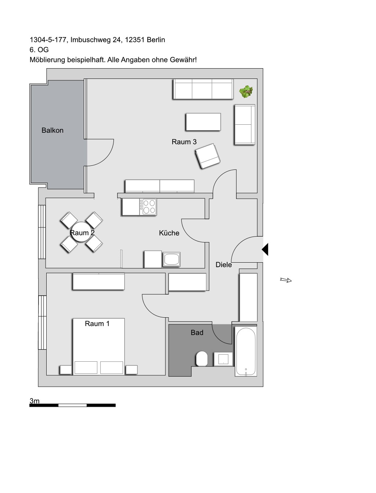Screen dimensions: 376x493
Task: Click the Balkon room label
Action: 53,130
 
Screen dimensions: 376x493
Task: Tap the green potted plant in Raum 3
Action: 246,91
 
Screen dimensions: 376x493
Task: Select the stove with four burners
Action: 148,207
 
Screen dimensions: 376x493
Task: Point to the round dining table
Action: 82,232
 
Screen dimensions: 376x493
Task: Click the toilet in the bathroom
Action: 202,358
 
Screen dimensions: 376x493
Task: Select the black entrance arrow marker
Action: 265,249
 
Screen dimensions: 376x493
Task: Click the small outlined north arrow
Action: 286,280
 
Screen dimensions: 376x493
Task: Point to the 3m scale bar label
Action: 35,401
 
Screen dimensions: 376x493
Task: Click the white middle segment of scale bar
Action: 72,405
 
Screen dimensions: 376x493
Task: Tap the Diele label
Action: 224,264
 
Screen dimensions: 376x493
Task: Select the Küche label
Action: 169,233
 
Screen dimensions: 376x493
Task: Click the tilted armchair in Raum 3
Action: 208,156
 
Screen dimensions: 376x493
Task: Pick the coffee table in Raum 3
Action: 203,122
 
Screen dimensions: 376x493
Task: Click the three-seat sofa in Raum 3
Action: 203,89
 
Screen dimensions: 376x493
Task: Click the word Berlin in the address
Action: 156,40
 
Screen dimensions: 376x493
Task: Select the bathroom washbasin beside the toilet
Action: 223,359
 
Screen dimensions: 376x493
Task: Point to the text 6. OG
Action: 39,50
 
